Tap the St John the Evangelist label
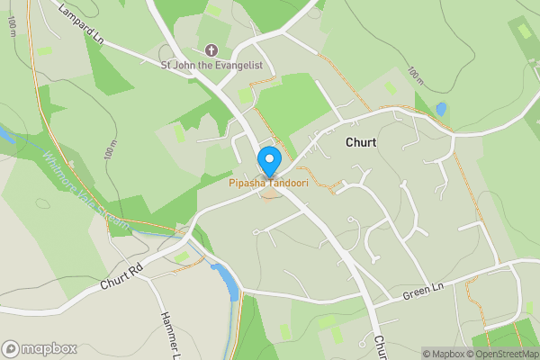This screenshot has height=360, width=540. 211,65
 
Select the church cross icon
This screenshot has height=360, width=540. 211,49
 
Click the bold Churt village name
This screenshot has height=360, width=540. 361,142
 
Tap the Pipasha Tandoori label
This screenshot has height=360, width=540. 267,184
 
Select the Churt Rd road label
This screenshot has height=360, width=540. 123,276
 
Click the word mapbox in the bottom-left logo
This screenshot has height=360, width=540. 50,348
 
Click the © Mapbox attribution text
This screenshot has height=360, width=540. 442,354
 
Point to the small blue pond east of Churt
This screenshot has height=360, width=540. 441,109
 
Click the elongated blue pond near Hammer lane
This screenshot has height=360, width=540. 228,282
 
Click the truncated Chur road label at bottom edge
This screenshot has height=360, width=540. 380,347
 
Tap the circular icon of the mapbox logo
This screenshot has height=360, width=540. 11,348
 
